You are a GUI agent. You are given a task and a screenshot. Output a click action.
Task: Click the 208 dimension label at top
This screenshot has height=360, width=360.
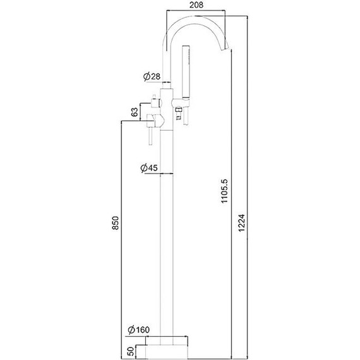196,5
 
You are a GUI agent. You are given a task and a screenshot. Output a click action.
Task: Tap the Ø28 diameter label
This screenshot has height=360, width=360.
152,76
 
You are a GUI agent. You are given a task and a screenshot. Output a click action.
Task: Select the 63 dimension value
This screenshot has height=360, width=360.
135,112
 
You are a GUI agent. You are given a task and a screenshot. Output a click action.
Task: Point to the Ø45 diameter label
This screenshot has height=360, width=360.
149,168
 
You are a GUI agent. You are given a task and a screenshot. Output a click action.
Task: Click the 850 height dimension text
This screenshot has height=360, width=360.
115,223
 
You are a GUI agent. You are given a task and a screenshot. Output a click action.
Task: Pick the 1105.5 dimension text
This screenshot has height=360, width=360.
224,191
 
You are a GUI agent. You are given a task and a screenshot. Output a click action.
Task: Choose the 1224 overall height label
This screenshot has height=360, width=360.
241,223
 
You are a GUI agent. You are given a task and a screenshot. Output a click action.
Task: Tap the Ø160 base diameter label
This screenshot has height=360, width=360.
139,330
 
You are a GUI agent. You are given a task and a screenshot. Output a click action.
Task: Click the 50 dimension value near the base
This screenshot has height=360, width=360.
130,351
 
